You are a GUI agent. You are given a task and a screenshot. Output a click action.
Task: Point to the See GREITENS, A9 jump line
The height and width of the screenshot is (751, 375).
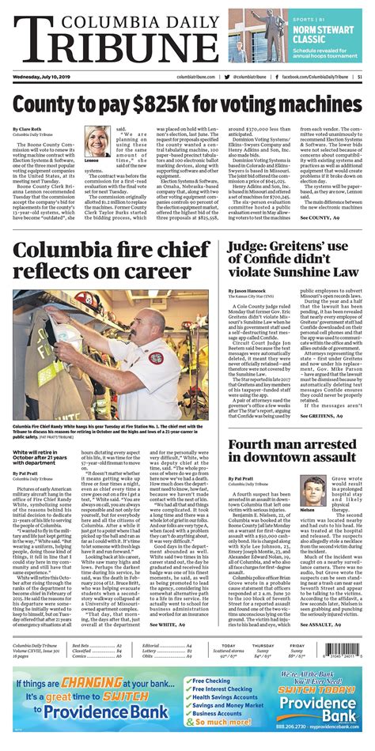pyautogui.click(x=320, y=414)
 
